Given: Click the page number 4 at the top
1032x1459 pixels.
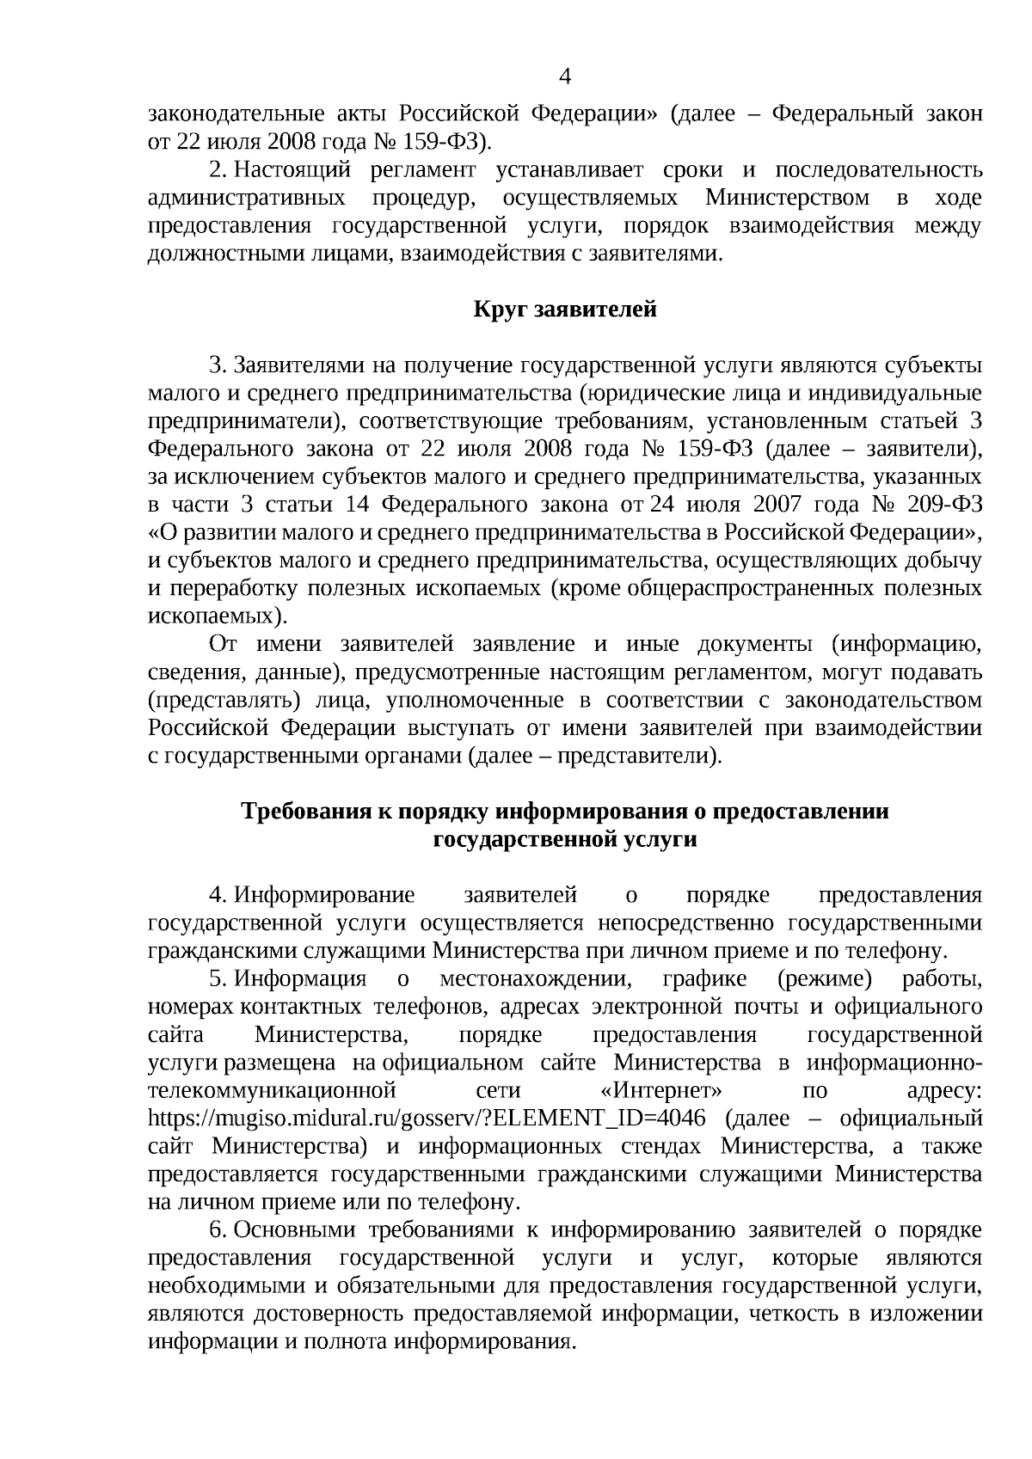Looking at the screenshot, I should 565,77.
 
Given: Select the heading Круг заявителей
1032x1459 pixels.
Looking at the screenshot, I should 565,309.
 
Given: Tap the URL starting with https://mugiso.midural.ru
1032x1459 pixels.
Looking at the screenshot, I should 427,1119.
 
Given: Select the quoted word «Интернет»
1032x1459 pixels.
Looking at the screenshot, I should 660,1091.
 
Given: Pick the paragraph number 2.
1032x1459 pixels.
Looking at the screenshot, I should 217,170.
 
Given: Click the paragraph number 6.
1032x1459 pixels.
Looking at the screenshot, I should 217,1230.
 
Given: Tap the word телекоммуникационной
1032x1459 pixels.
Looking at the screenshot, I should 272,1091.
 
